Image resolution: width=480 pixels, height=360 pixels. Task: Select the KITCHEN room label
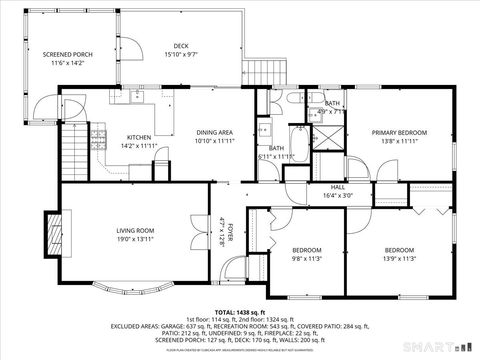(x=138, y=138)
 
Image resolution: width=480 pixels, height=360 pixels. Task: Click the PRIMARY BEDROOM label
(x=399, y=132)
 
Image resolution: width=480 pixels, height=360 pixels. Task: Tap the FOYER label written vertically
(x=229, y=232)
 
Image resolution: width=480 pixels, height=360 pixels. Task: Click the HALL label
(x=338, y=187)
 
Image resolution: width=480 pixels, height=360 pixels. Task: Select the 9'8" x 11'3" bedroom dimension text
(x=306, y=257)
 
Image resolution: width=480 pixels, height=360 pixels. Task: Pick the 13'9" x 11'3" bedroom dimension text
(x=399, y=257)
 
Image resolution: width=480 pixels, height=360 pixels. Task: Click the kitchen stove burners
(x=99, y=136)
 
